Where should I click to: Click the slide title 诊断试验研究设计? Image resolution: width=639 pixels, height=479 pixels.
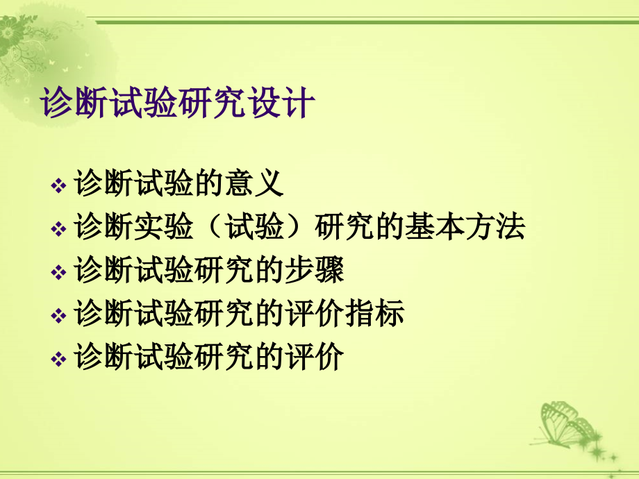(179, 106)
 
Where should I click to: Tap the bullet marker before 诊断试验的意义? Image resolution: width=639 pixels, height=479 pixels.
(59, 186)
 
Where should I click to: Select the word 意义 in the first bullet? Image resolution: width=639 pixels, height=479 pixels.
(254, 184)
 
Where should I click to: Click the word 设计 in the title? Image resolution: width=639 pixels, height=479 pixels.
(282, 106)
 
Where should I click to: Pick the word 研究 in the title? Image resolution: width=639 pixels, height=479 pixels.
(213, 106)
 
